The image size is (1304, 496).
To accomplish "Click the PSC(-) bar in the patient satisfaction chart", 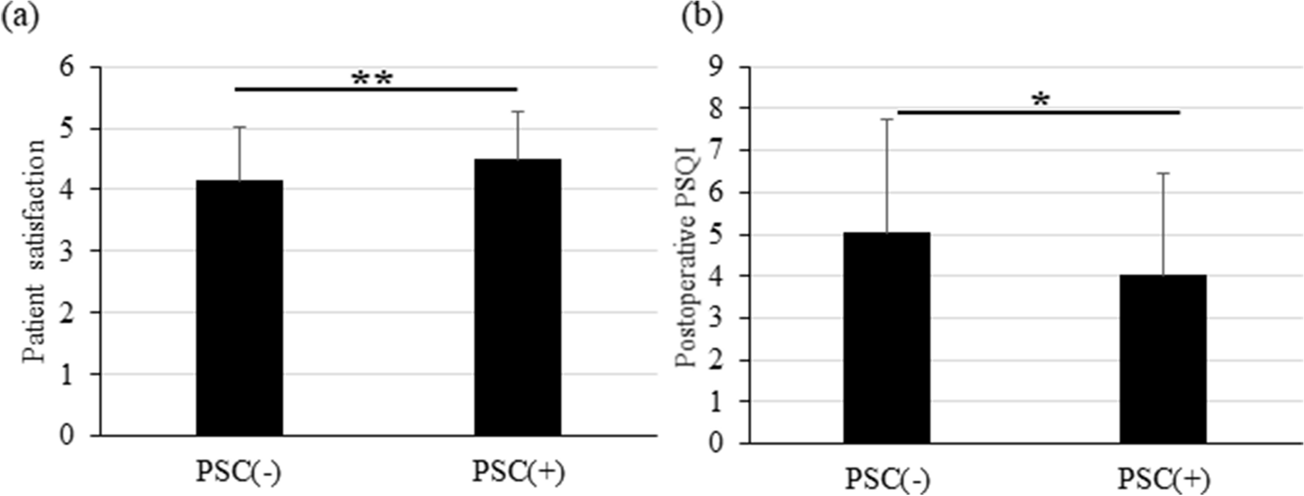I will tap(239, 308).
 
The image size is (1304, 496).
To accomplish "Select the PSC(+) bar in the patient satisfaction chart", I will tap(518, 297).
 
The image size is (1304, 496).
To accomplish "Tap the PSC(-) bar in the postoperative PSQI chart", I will tap(887, 337).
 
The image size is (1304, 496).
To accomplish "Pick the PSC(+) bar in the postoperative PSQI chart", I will tap(1163, 359).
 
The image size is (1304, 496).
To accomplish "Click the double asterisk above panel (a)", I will tap(372, 79).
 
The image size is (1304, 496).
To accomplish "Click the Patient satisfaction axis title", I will tap(35, 251).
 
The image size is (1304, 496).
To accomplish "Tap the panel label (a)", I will tap(20, 17).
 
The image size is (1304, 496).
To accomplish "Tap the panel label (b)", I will tap(701, 17).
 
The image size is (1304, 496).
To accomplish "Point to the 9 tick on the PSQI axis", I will tap(718, 67).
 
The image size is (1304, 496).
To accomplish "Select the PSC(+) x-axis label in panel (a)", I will tap(518, 471).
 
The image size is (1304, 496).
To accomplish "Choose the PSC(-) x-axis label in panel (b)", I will tap(887, 480).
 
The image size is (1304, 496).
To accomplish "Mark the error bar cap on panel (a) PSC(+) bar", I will tap(518, 112).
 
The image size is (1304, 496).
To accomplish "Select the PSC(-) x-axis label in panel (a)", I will tap(239, 471).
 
